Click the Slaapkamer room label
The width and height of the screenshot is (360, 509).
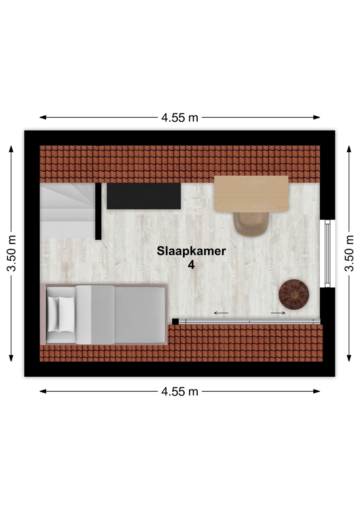pyautogui.click(x=191, y=252)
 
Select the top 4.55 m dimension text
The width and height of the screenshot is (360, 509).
pyautogui.click(x=180, y=117)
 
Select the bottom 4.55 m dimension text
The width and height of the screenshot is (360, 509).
pyautogui.click(x=180, y=391)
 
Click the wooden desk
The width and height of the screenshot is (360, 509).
pyautogui.click(x=251, y=194)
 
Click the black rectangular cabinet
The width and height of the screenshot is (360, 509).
pyautogui.click(x=144, y=196)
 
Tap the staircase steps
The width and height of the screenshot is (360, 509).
pyautogui.click(x=68, y=211)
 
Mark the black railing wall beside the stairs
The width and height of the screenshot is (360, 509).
pyautogui.click(x=98, y=211)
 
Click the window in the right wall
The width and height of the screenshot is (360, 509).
pyautogui.click(x=327, y=253)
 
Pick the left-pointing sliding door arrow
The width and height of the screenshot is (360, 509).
pyautogui.click(x=221, y=313)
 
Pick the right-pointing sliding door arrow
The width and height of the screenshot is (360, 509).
pyautogui.click(x=278, y=313)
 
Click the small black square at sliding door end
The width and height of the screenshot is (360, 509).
pyautogui.click(x=175, y=322)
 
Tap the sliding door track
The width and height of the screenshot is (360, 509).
pyautogui.click(x=249, y=322)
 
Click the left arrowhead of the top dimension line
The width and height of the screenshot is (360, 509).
pyautogui.click(x=43, y=117)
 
